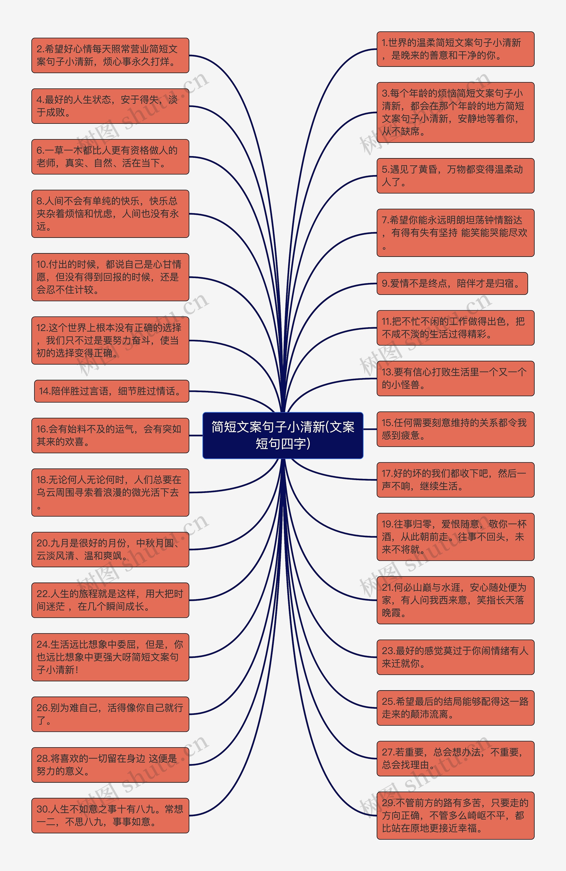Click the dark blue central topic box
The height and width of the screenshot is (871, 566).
[x=283, y=435]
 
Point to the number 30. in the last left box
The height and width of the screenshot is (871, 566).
[x=42, y=809]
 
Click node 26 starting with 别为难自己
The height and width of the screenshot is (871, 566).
[x=110, y=714]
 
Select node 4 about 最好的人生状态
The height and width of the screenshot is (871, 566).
[x=110, y=106]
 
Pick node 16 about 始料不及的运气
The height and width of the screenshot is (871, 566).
[x=110, y=435]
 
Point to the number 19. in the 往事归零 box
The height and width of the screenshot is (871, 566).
[x=387, y=524]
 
